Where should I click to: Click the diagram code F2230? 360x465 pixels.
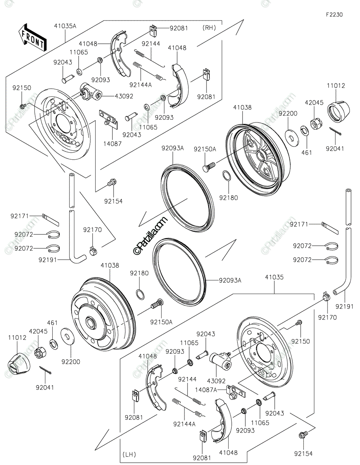pos(334,15)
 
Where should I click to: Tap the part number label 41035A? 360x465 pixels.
pos(65,26)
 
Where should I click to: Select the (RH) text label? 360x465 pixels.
pos(209,28)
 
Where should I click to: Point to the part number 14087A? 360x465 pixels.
pos(206,390)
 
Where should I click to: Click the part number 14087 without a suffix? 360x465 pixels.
pos(112,144)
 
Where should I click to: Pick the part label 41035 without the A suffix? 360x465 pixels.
pos(274,277)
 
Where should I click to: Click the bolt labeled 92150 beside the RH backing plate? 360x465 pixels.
pos(23,106)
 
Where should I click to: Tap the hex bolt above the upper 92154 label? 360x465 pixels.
pos(112,183)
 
